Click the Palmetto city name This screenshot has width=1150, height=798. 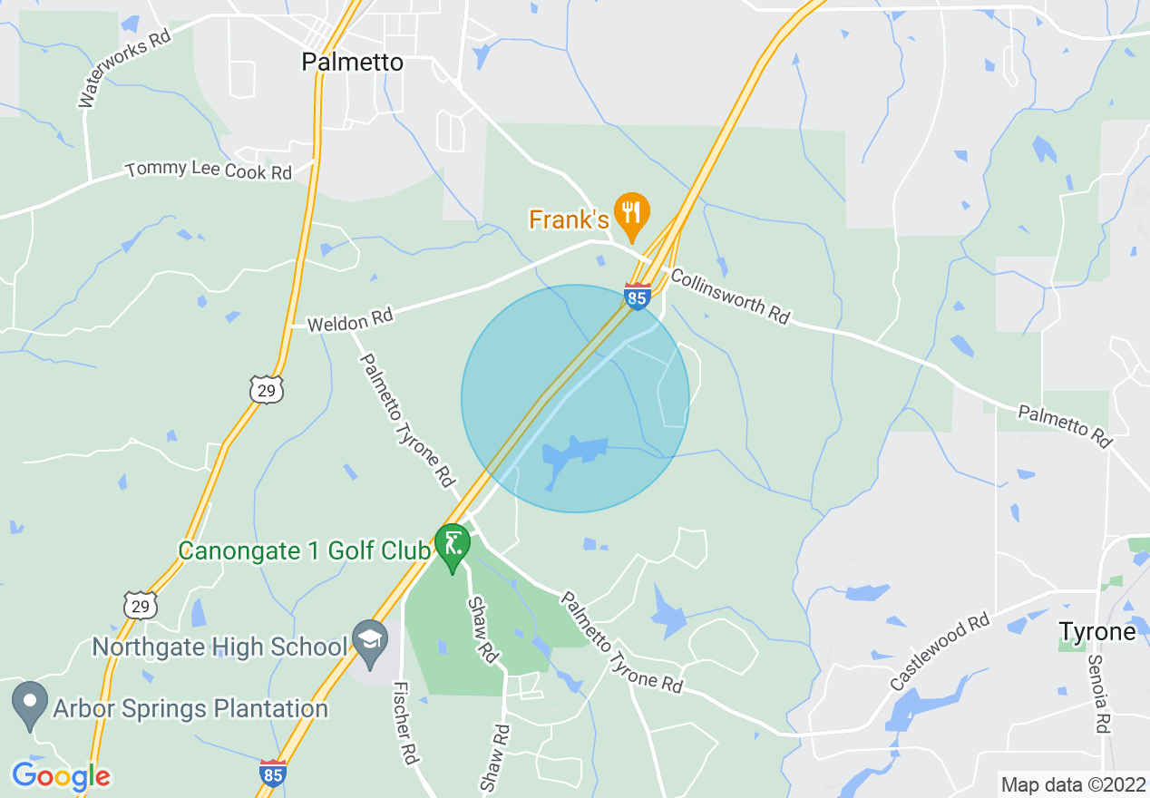[352, 63]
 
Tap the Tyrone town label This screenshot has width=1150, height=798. [1097, 631]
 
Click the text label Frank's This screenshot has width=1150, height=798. [569, 219]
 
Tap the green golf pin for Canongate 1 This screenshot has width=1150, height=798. [452, 545]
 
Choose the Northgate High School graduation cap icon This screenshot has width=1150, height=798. [370, 638]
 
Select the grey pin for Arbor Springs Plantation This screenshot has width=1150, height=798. [30, 702]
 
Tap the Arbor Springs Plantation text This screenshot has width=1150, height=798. [190, 708]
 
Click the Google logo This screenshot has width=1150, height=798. [61, 776]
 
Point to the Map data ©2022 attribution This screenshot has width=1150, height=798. [1072, 783]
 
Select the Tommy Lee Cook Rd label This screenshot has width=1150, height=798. [209, 170]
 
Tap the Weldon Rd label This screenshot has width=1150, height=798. [349, 320]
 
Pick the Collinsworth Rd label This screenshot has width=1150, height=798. [730, 296]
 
